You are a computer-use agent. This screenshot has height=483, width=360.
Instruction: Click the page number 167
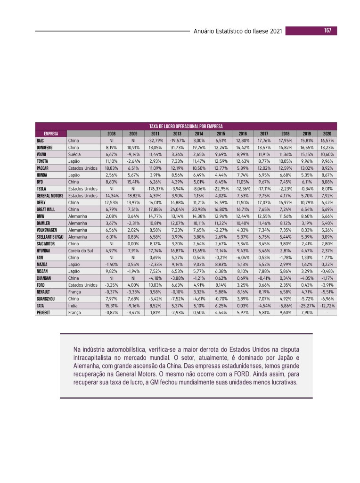(327, 31)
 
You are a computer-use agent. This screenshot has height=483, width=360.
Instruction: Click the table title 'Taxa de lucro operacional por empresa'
(186, 126)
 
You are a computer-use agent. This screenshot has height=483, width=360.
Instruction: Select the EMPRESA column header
(51, 133)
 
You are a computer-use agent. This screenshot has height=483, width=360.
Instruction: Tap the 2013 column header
(177, 133)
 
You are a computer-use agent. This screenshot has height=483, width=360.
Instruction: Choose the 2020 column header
(327, 133)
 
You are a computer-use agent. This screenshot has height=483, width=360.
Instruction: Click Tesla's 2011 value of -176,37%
(155, 189)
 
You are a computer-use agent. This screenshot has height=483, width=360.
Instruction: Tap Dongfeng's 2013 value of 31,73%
(177, 147)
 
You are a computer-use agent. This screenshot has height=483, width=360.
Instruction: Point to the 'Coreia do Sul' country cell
(82, 251)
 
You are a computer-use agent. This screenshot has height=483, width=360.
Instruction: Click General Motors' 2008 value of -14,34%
(111, 196)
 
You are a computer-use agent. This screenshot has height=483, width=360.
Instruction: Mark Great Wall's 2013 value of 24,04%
(177, 209)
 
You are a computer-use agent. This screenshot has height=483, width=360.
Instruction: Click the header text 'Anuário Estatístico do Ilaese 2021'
(238, 32)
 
